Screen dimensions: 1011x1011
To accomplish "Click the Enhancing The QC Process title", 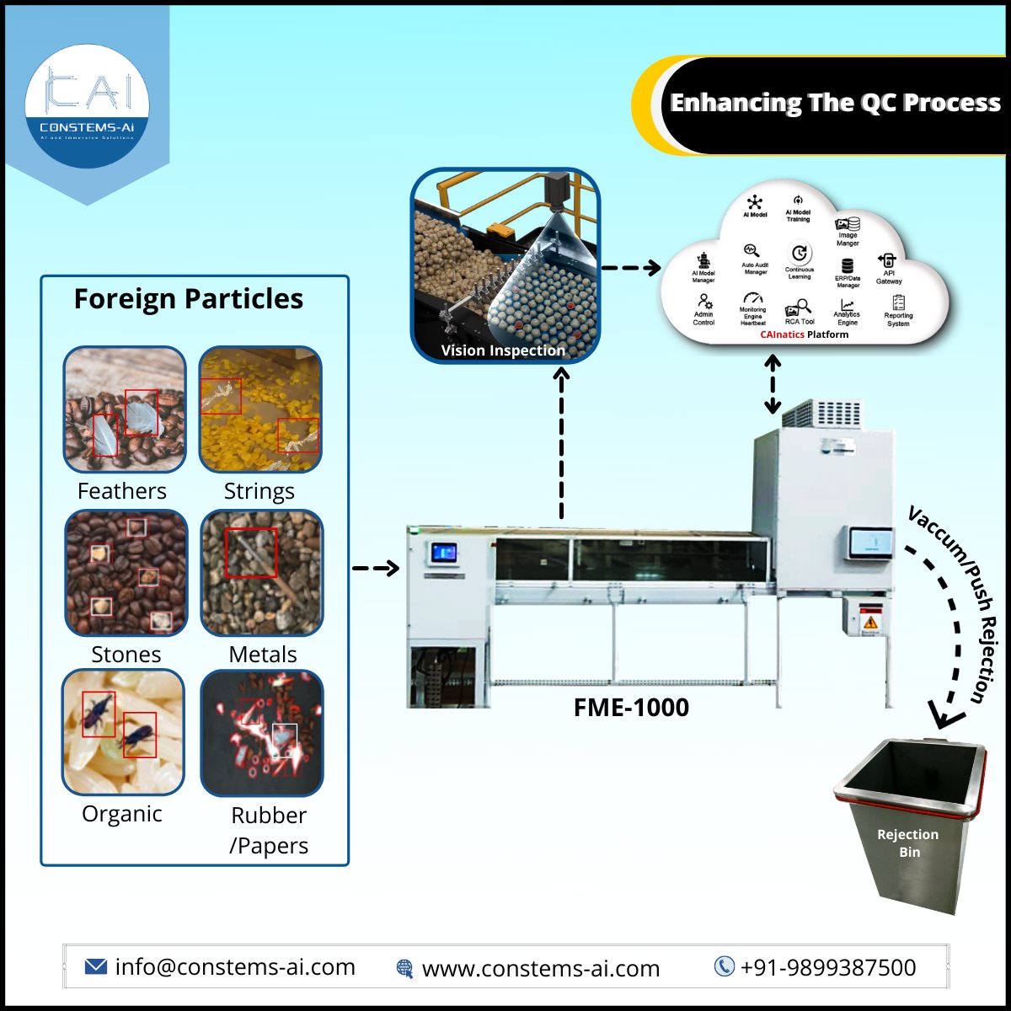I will pos(835,103).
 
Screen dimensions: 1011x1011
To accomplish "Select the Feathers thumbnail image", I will pos(125,410).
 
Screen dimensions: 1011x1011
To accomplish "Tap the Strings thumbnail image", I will pos(260,410).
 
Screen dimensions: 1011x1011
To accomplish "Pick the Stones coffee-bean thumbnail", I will pos(126,573).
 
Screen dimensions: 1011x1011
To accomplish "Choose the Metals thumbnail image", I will pos(262,573).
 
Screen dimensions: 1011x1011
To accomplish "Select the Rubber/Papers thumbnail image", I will pos(262,734).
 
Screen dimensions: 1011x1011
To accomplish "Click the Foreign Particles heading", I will pos(189,299).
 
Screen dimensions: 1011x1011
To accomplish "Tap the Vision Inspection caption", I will pos(503,350).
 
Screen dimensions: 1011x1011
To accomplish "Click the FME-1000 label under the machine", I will pos(631,707).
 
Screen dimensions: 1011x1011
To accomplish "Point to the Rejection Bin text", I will pos(907,842).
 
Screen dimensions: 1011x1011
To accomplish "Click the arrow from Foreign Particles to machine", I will pos(375,569).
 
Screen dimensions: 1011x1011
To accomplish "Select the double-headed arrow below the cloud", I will pos(773,385).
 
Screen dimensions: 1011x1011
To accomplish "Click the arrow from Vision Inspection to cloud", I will pos(631,269).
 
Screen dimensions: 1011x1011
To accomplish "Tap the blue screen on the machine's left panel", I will pos(443,554).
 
